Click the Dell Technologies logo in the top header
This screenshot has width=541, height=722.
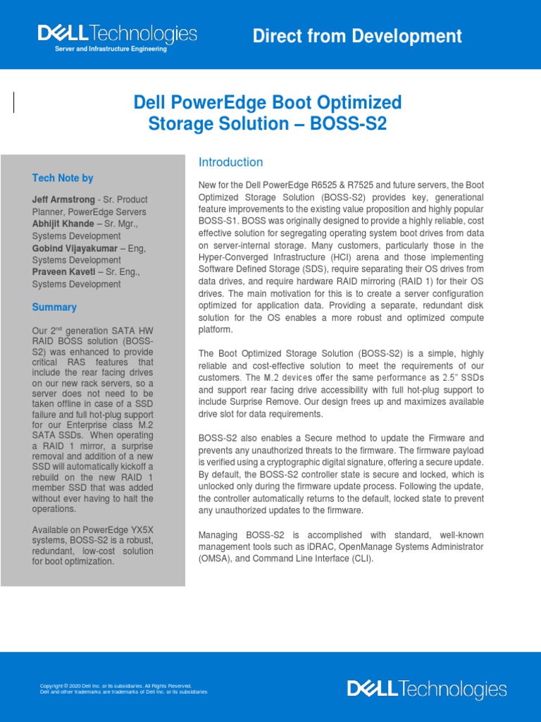click(x=117, y=34)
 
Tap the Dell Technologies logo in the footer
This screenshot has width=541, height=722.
click(x=426, y=690)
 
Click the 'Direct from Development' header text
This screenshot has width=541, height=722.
click(x=357, y=37)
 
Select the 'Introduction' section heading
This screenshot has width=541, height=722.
click(x=230, y=162)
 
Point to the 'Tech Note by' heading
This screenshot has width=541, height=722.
click(x=63, y=178)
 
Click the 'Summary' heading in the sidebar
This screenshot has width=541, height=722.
click(x=54, y=307)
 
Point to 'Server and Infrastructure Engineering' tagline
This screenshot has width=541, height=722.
click(x=111, y=49)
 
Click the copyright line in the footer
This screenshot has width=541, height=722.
click(x=116, y=685)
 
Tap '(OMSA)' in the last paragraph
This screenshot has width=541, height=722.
click(x=215, y=559)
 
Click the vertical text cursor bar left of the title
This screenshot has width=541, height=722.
click(x=14, y=103)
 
